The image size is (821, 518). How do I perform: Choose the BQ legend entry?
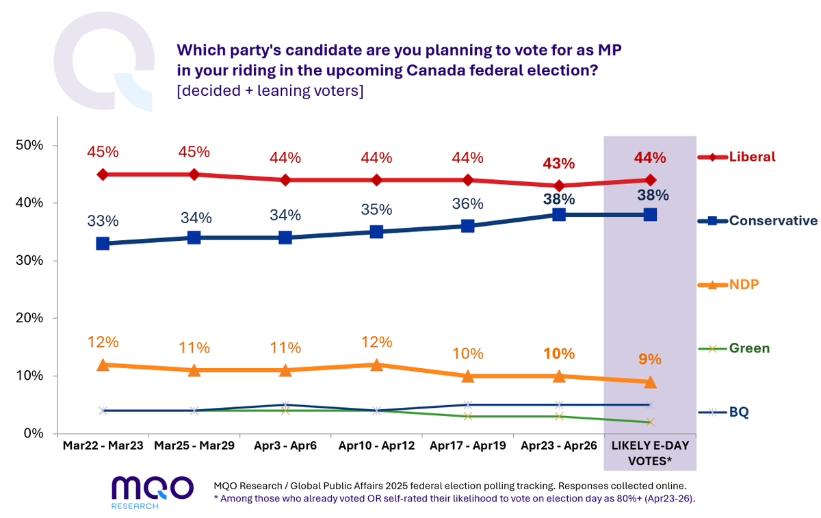(x=739, y=412)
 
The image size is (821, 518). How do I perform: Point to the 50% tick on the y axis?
(x=29, y=146)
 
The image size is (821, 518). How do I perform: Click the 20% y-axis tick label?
(x=29, y=318)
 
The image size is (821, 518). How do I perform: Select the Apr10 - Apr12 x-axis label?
(x=376, y=445)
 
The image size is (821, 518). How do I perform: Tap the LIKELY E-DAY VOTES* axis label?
(x=650, y=453)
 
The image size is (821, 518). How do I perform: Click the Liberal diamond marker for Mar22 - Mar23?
(x=103, y=174)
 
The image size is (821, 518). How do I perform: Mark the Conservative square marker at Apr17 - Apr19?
(x=468, y=226)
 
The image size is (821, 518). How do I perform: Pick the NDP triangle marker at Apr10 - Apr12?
(x=376, y=365)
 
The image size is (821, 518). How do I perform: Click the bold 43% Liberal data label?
(x=559, y=164)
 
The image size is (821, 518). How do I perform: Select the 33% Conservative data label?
(x=103, y=221)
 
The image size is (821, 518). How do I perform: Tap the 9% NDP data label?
(x=650, y=359)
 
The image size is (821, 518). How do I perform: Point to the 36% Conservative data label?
(x=468, y=203)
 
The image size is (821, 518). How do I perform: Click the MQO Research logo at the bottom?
(x=153, y=491)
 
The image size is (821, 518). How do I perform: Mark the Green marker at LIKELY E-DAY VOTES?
(x=650, y=422)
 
